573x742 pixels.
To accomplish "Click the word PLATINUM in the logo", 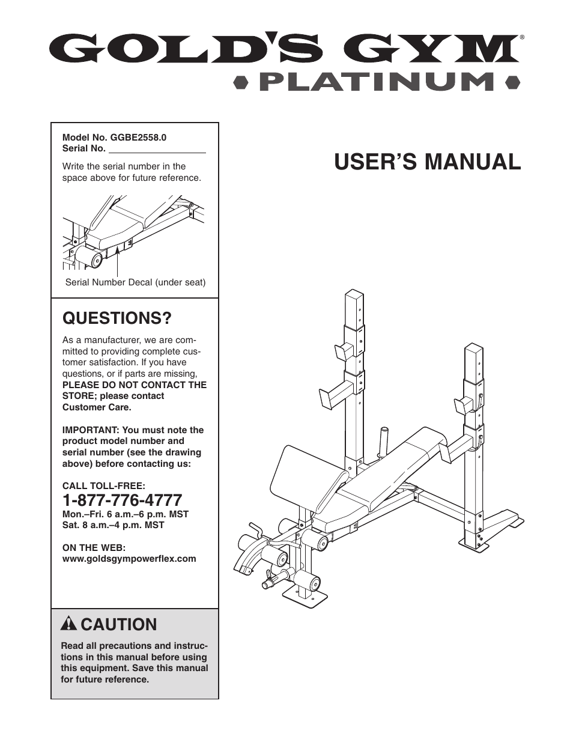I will (377, 82).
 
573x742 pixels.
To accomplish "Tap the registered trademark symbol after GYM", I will (522, 37).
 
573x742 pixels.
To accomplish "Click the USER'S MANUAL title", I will (428, 162).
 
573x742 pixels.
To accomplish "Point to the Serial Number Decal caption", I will (135, 282).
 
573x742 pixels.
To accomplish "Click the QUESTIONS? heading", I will (117, 317).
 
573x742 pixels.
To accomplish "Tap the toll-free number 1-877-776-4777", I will (122, 500).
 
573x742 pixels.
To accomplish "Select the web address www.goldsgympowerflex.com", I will (129, 558).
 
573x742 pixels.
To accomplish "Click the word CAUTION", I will (118, 624).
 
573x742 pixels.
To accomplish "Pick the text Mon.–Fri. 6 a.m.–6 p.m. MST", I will (126, 514).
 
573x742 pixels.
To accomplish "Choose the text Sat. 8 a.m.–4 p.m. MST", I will (113, 525).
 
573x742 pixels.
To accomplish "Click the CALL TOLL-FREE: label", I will (104, 485).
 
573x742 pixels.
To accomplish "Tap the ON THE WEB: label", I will (94, 547).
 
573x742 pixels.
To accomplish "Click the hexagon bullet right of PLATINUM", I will (512, 82).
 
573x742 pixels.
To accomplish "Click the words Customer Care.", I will (97, 407).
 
